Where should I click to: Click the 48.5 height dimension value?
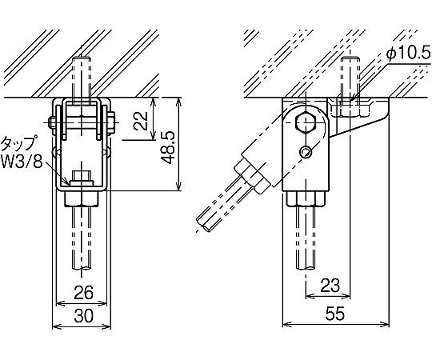click(x=167, y=147)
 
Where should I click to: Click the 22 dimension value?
click(x=141, y=120)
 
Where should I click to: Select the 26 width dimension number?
click(x=84, y=292)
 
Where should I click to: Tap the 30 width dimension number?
click(x=84, y=316)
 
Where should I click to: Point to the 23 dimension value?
click(x=330, y=285)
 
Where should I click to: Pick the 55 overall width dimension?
click(x=334, y=314)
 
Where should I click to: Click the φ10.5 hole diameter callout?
click(x=408, y=54)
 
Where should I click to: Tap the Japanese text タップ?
click(x=18, y=144)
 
